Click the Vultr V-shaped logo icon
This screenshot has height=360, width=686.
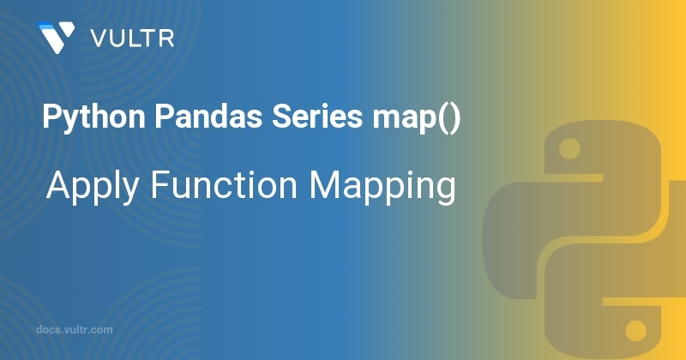click(56, 38)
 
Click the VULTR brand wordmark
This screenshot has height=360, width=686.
click(133, 39)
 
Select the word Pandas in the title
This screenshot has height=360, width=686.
click(208, 117)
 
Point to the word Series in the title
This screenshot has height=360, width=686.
click(317, 117)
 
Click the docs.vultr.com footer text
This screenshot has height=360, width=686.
click(75, 330)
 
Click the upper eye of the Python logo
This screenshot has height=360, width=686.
click(569, 149)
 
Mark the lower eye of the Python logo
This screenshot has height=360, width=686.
click(635, 330)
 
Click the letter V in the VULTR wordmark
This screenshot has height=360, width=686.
click(99, 39)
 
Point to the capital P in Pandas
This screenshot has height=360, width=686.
click(163, 117)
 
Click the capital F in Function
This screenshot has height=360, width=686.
click(159, 185)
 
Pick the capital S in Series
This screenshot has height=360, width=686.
click(280, 117)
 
